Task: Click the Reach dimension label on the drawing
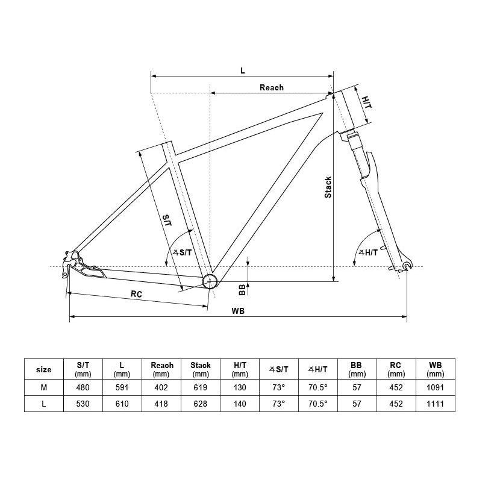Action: click(x=271, y=87)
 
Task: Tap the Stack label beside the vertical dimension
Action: click(x=328, y=187)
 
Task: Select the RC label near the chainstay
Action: click(x=136, y=294)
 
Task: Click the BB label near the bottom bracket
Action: click(x=242, y=290)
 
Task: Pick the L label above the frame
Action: click(x=242, y=70)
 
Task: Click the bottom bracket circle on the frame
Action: click(x=209, y=281)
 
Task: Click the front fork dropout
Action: click(x=408, y=266)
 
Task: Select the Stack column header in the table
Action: click(x=201, y=369)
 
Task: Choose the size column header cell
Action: click(x=44, y=369)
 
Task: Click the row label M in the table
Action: click(x=44, y=388)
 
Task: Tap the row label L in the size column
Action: click(x=44, y=404)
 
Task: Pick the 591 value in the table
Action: click(x=122, y=388)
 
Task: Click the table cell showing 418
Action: click(x=161, y=404)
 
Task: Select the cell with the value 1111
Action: click(x=435, y=404)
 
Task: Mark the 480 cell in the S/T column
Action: click(x=83, y=388)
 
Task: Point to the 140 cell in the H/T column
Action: click(x=240, y=404)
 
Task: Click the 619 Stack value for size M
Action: click(x=201, y=388)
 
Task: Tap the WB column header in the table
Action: click(x=435, y=369)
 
